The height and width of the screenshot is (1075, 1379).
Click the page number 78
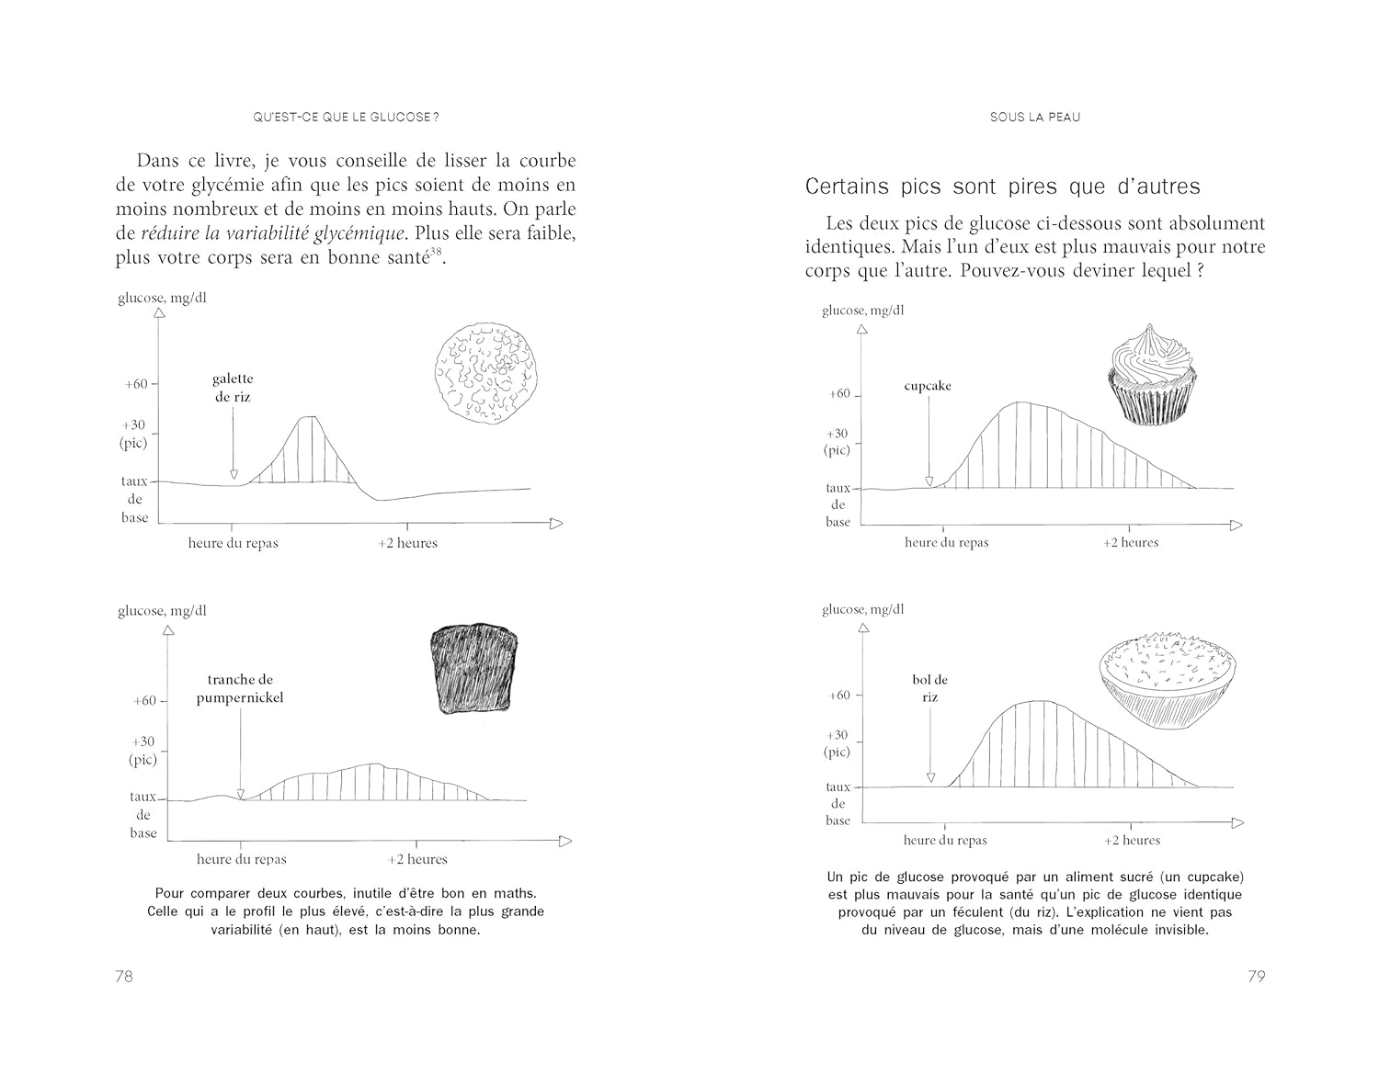coord(124,977)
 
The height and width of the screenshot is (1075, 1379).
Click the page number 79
coord(1256,977)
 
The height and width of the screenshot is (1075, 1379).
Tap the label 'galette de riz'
coord(233,388)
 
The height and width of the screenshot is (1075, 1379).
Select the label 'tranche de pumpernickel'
coord(240,689)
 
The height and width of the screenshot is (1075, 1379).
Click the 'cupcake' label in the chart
coord(928,386)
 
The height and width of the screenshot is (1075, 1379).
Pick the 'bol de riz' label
coord(930,688)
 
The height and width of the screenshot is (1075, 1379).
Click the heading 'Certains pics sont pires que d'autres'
coord(1002,187)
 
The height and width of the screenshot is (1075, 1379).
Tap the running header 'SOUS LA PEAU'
coord(1034,118)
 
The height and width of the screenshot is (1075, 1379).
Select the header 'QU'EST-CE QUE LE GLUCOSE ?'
coord(346,118)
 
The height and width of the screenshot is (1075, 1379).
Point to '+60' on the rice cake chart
coord(136,384)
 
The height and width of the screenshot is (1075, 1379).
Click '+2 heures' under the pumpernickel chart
coord(417,860)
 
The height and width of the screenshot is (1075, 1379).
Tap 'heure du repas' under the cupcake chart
coord(946,543)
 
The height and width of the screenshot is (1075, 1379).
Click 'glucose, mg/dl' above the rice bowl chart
coord(862,609)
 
